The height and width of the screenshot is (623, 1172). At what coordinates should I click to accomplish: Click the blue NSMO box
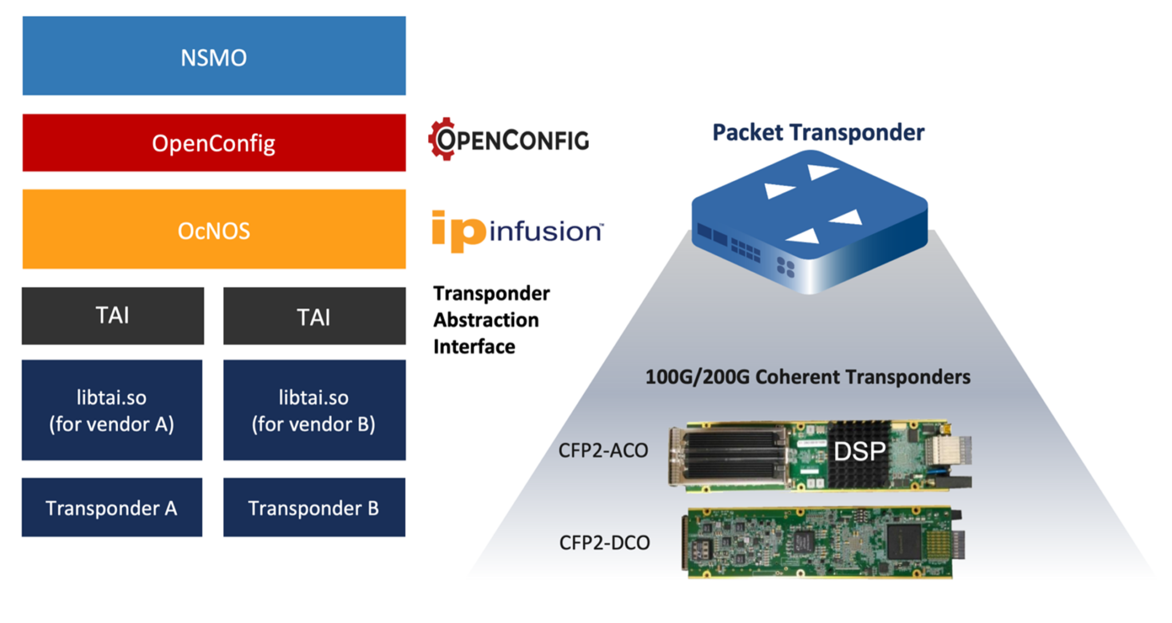(214, 56)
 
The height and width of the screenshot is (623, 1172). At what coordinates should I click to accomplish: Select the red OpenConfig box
(214, 143)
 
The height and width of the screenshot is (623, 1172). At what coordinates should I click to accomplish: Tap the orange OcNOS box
(214, 230)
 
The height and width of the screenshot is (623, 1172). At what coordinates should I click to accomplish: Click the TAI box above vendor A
(113, 316)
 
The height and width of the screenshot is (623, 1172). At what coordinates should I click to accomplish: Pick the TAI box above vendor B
(314, 316)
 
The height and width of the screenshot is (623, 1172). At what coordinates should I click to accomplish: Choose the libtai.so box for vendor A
(112, 410)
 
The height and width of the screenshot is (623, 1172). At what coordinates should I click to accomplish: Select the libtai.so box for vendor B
(314, 410)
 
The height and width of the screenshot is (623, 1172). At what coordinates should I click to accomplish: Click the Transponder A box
(112, 507)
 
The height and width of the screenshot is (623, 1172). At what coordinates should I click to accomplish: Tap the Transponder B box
(314, 507)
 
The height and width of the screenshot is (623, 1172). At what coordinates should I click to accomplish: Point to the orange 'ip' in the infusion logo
(458, 231)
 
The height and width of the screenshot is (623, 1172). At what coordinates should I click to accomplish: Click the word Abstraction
(486, 320)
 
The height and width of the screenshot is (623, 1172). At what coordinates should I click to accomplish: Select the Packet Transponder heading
(818, 132)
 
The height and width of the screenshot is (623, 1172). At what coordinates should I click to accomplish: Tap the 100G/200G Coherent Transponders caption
(807, 377)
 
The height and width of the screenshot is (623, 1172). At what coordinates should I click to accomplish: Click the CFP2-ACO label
(603, 451)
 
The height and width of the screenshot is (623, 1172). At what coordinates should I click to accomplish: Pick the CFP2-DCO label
(604, 542)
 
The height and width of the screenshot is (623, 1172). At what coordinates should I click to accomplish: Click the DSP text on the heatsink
(859, 452)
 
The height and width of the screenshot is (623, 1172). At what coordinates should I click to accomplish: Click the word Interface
(474, 347)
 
